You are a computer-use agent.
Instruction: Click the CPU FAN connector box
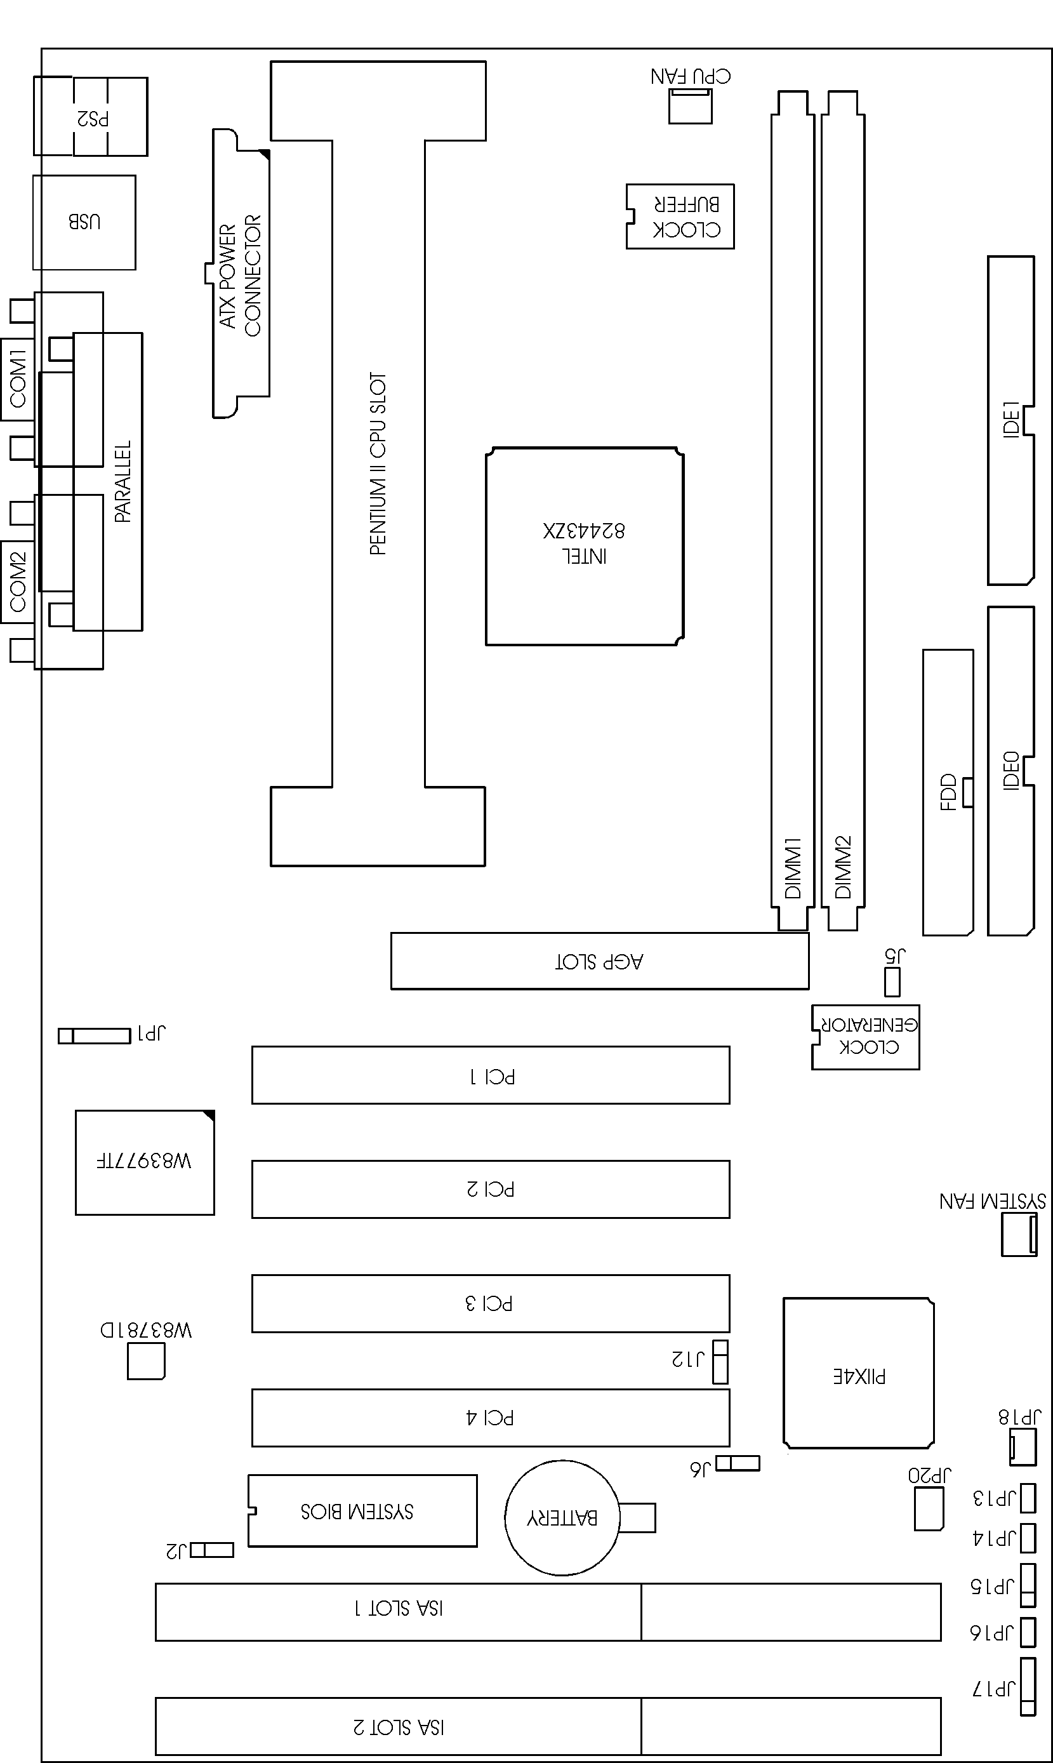690,106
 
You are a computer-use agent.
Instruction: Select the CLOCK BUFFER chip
680,216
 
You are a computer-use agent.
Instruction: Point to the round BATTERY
561,1517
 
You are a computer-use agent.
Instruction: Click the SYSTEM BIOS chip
362,1511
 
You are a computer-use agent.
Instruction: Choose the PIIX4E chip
859,1373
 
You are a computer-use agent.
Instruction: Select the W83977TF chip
145,1162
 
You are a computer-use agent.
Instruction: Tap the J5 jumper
892,982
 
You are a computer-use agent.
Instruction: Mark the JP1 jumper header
95,1035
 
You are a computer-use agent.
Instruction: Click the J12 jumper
720,1362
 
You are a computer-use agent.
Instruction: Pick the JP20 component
929,1509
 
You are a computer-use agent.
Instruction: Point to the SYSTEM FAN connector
1019,1235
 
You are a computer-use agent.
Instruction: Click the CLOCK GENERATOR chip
865,1037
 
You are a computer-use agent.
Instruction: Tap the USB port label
84,222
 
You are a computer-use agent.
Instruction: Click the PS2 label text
93,118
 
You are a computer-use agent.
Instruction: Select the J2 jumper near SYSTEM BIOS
211,1549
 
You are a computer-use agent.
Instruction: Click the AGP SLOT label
599,962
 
